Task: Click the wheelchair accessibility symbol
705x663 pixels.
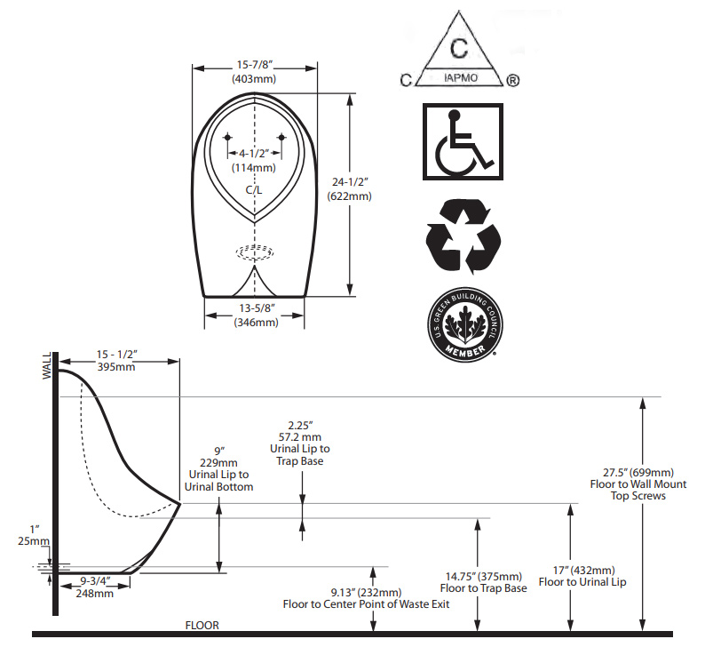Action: [x=463, y=142]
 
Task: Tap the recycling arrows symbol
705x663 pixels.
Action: [x=463, y=236]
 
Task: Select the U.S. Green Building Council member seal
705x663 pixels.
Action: [x=465, y=324]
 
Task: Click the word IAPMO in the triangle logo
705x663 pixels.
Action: [x=461, y=77]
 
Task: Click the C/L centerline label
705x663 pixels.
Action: [x=254, y=190]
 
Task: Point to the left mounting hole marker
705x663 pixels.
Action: [x=227, y=137]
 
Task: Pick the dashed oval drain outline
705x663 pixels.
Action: [x=255, y=252]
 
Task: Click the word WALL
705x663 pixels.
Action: [x=47, y=366]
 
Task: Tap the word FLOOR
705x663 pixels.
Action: [x=202, y=625]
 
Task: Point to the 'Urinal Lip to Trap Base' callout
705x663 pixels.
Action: [x=300, y=455]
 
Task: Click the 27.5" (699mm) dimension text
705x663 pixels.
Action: [x=638, y=472]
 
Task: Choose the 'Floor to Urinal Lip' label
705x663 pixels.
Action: [x=582, y=582]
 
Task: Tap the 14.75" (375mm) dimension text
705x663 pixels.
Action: [x=484, y=576]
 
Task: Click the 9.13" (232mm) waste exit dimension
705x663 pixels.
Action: [x=366, y=592]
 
